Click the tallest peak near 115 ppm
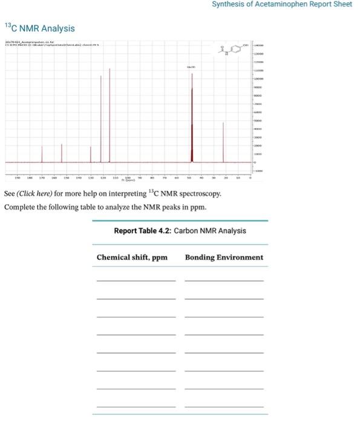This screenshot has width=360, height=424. coord(110,115)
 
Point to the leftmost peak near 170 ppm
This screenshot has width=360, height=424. coord(42,154)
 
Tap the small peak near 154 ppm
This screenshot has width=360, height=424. coord(62,153)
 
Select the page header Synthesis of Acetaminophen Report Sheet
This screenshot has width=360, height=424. coord(281,4)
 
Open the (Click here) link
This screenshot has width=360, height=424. coord(37,194)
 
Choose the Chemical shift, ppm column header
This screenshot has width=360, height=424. coord(132,257)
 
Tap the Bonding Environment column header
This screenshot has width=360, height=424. coord(224,257)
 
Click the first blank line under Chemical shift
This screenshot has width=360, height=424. coord(136,280)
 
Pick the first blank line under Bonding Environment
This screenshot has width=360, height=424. coord(224,280)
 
